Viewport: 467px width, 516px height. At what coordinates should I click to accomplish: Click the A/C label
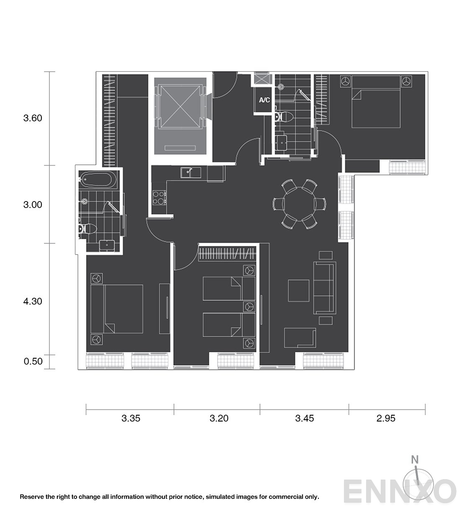(264, 100)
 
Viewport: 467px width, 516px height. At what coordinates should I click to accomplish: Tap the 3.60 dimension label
(33, 118)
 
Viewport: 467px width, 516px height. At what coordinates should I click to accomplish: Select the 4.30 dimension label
(33, 301)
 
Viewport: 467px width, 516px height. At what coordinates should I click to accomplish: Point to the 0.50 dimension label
(33, 361)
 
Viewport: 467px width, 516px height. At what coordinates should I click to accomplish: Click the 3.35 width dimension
(131, 418)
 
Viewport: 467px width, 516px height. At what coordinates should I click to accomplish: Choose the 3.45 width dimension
(305, 418)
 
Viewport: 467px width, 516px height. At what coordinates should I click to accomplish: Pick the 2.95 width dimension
(386, 418)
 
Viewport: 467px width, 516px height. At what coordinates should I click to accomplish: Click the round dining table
(299, 204)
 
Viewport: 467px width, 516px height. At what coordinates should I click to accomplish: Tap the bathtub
(99, 179)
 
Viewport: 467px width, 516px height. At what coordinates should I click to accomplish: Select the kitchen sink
(191, 172)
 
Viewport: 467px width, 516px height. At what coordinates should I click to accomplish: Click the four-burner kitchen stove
(159, 198)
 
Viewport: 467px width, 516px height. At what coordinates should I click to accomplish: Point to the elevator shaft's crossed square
(180, 106)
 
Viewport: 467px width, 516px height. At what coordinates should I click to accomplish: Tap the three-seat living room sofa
(324, 288)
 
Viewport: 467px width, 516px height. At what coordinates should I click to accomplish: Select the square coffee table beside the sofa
(298, 291)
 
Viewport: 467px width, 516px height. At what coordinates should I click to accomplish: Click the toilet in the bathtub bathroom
(87, 229)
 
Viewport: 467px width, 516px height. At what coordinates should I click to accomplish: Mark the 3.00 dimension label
(33, 205)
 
